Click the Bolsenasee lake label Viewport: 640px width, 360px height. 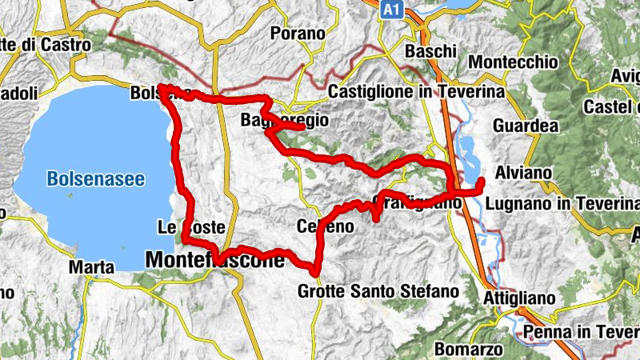(x=96, y=179)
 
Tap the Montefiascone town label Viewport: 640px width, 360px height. (x=215, y=260)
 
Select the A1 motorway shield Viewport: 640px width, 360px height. (x=390, y=10)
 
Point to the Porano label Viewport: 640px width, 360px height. (x=298, y=34)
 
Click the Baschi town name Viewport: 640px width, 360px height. (x=430, y=52)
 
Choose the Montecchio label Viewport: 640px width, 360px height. (x=512, y=62)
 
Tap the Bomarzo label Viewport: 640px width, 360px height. (x=469, y=349)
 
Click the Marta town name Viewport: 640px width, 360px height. (x=86, y=266)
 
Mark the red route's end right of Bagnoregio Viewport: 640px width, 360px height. (x=302, y=126)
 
